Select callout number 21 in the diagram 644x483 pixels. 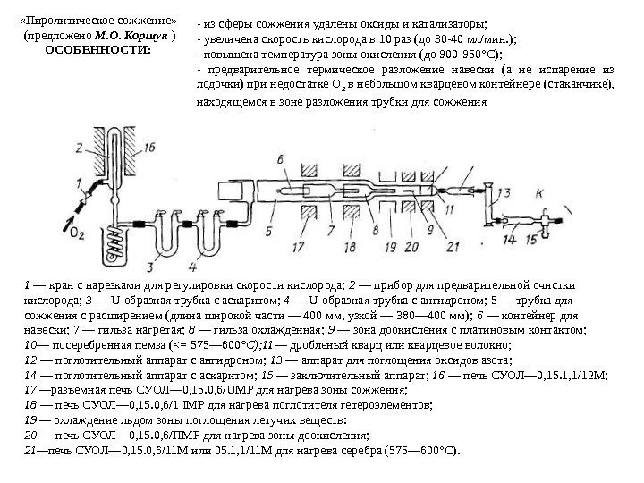[x=452, y=245]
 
